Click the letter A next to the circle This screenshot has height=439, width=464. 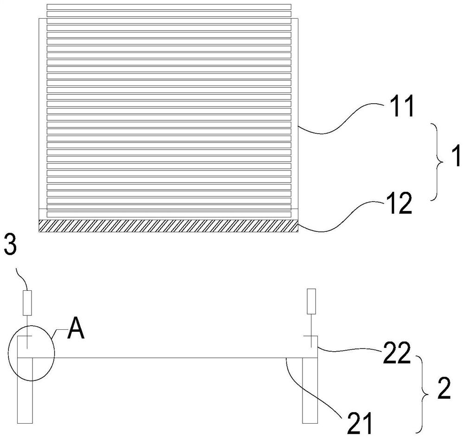tap(75, 331)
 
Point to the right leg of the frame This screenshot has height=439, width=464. tap(309, 390)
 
